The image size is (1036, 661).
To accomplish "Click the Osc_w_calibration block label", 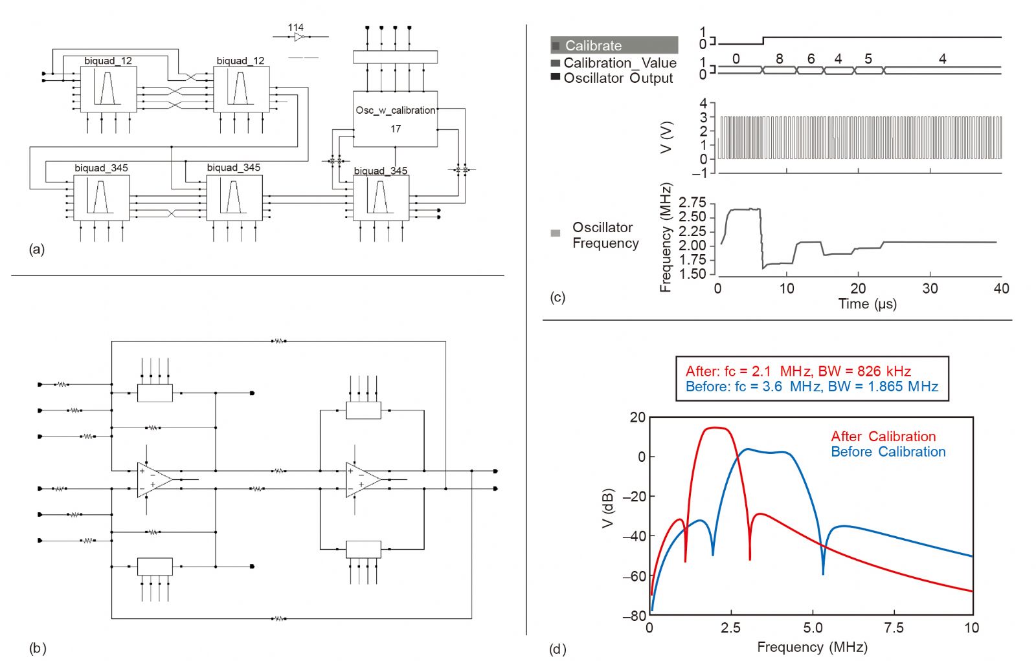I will [x=395, y=111].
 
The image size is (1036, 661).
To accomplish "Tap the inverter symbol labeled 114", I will [x=298, y=37].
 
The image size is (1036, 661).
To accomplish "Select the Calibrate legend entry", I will [x=592, y=45].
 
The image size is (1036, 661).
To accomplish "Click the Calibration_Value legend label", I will [x=620, y=63].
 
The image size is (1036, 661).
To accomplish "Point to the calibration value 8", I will [x=780, y=59].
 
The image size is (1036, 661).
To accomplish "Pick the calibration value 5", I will [x=868, y=59].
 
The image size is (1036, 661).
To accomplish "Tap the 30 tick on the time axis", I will [x=930, y=288].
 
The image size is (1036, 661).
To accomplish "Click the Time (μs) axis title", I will [x=867, y=304].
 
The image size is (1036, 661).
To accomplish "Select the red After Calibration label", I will [x=883, y=437].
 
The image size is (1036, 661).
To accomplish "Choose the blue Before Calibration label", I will [x=888, y=452].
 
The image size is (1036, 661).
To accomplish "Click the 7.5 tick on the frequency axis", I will [x=894, y=628].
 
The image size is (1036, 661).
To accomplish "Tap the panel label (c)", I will [x=557, y=298].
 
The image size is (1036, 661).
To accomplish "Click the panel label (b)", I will [x=38, y=647].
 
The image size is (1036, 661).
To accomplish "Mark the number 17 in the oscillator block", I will [x=395, y=129].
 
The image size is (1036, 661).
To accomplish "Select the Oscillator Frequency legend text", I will [x=605, y=235].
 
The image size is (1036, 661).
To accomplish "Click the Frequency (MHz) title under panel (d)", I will [x=812, y=647].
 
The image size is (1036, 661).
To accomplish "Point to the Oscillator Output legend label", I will [x=618, y=78].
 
